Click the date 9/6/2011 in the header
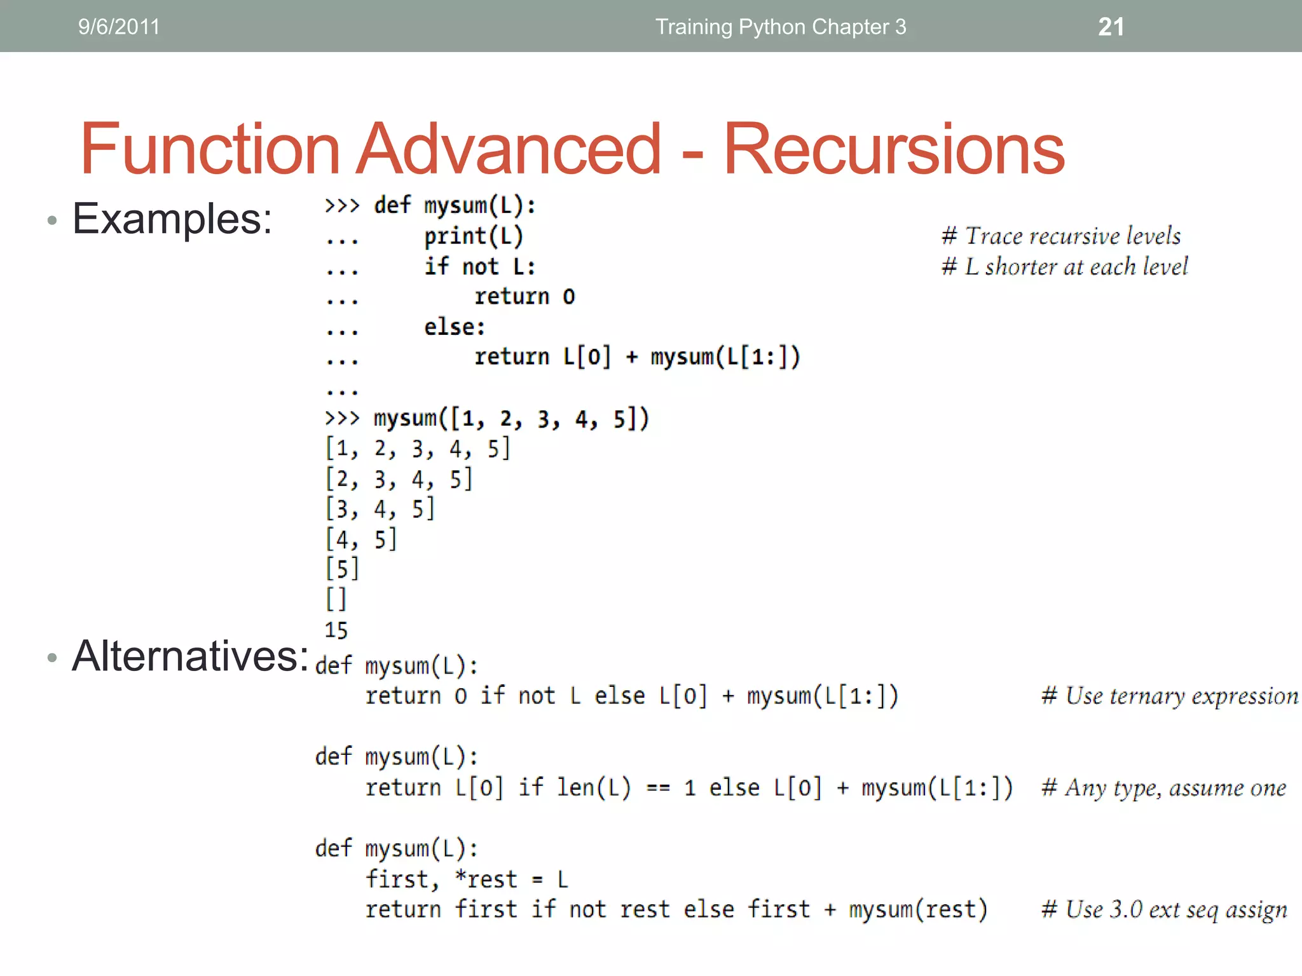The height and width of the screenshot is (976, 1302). point(119,27)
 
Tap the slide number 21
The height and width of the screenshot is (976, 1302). point(1111,27)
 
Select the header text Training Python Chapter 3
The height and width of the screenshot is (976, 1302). point(781,27)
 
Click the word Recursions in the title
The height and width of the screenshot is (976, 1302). point(893,149)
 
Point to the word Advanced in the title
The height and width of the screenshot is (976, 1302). point(509,149)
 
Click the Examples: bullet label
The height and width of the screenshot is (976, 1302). point(172,219)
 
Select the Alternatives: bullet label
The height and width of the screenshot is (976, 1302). point(189,656)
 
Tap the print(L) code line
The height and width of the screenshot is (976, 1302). point(474,236)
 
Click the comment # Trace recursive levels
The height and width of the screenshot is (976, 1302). point(1061,236)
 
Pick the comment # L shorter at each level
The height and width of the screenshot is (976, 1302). point(1065,266)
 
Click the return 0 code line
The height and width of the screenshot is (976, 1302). point(524,297)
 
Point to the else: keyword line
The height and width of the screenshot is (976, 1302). point(455,327)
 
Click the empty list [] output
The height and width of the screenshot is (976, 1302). point(336,599)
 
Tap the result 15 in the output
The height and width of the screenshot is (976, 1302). point(336,630)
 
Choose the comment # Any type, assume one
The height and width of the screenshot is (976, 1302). point(1163,788)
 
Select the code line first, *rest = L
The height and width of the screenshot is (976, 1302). point(466,879)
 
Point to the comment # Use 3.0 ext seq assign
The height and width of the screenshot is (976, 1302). point(1164,910)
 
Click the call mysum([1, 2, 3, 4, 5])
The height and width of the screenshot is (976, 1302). point(511,419)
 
